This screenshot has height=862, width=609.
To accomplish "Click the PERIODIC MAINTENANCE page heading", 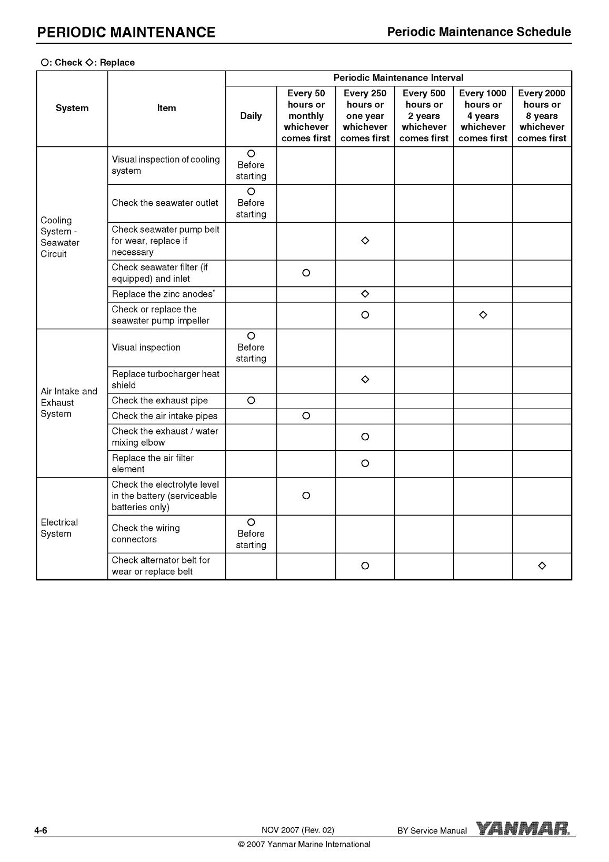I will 126,33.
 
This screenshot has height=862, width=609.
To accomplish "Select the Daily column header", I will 251,116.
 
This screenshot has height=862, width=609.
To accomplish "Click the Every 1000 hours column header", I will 483,116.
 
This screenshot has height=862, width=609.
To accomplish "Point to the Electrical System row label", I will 59,528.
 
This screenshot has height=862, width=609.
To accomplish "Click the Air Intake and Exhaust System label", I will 69,403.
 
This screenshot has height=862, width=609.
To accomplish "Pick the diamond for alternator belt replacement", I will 542,566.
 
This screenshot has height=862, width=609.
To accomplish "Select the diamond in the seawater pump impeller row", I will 483,315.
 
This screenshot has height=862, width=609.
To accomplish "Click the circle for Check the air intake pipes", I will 306,416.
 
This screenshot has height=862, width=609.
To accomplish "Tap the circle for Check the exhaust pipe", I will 251,401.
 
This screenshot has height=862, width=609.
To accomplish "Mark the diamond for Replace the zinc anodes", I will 365,294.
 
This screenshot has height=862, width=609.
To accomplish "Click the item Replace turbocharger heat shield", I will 165,380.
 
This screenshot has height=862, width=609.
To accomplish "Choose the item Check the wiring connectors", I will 146,533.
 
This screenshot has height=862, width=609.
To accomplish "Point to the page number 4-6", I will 41,831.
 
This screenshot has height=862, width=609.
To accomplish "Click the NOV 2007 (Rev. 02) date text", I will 298,830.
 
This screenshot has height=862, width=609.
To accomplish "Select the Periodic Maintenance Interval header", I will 398,78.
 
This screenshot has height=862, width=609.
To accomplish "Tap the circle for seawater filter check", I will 306,273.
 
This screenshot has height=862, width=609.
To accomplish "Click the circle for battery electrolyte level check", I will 306,496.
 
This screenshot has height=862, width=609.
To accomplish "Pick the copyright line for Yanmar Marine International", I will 304,845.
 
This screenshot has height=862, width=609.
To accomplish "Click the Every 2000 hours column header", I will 542,116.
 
